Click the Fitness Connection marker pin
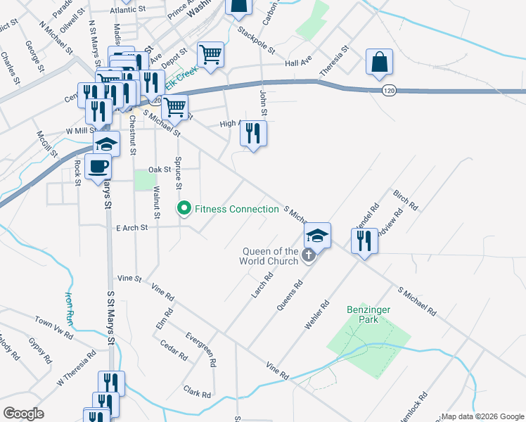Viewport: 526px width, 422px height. [184, 209]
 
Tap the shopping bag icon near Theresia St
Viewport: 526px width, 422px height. [379, 62]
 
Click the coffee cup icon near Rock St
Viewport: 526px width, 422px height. [98, 167]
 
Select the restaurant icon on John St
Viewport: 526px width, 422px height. [254, 133]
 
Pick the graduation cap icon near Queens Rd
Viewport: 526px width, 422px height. [318, 236]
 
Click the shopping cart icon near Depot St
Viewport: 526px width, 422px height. [210, 53]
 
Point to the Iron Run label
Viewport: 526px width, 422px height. [69, 307]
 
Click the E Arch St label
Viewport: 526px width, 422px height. [131, 228]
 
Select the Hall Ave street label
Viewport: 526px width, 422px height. [298, 63]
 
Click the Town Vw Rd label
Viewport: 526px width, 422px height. [53, 324]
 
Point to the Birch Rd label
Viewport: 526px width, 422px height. [406, 201]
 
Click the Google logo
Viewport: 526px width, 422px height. [24, 414]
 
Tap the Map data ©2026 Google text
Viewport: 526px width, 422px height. [482, 416]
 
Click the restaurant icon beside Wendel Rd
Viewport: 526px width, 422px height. [364, 241]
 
